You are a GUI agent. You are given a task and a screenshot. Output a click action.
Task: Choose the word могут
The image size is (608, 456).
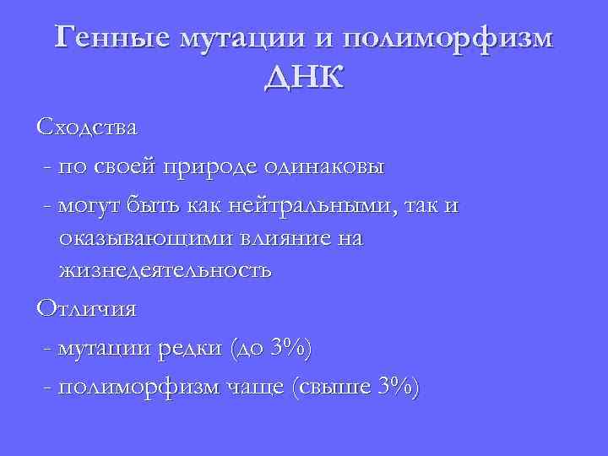(x=90, y=204)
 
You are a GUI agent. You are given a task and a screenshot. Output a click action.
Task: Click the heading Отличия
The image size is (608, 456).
(x=86, y=308)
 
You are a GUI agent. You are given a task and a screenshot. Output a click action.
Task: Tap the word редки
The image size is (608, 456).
(x=191, y=347)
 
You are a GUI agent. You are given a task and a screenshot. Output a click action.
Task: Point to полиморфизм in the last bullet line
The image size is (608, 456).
(x=141, y=387)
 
